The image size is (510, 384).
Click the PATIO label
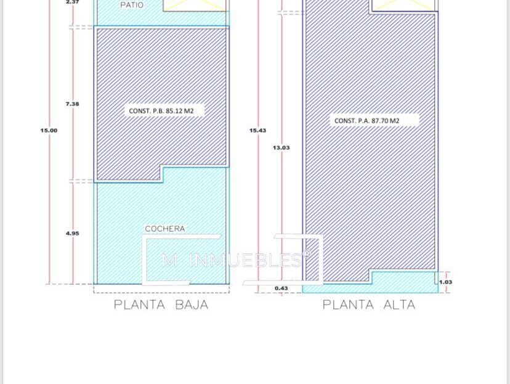[x=132, y=5]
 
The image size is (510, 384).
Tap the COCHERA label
[x=165, y=229]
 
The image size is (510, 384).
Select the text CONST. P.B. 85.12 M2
[x=161, y=111]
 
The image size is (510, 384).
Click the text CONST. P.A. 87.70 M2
[x=366, y=121]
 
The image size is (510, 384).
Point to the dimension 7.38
[x=72, y=104]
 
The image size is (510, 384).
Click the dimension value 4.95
[x=72, y=234]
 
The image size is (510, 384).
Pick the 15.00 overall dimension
[x=49, y=131]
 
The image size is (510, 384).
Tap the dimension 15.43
[x=257, y=131]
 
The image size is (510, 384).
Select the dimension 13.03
[x=281, y=148]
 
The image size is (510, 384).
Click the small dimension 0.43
[x=281, y=288]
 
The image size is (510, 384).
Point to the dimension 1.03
[x=445, y=282]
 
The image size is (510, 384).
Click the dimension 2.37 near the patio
[x=72, y=2]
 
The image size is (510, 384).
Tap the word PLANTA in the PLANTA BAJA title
[x=140, y=305]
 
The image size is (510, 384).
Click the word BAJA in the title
[x=192, y=305]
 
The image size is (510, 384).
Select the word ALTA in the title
[x=399, y=305]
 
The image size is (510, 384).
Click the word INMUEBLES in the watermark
[x=246, y=260]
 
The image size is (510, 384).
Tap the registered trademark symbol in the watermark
[x=306, y=255]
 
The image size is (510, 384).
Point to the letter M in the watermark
[x=170, y=260]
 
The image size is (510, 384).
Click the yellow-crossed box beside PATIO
[x=195, y=6]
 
